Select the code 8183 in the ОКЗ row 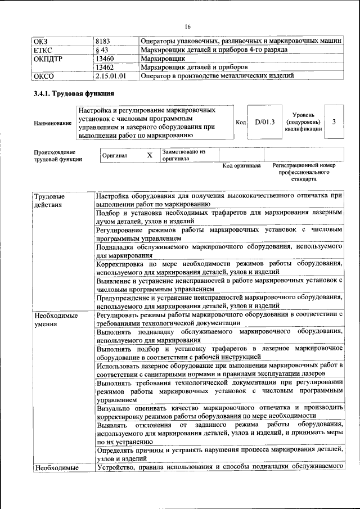pos(103,42)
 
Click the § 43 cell pos(102,50)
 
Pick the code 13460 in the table pos(106,58)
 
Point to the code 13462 pos(106,67)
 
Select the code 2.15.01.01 pos(111,75)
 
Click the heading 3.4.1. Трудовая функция pos(74,93)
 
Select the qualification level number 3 pos(334,121)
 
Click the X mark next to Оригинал pos(149,155)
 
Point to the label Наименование pos(53,123)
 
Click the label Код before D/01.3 pos(241,122)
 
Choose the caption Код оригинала pos(241,166)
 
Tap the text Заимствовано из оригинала pos(184,155)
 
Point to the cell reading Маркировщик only pos(160,58)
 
